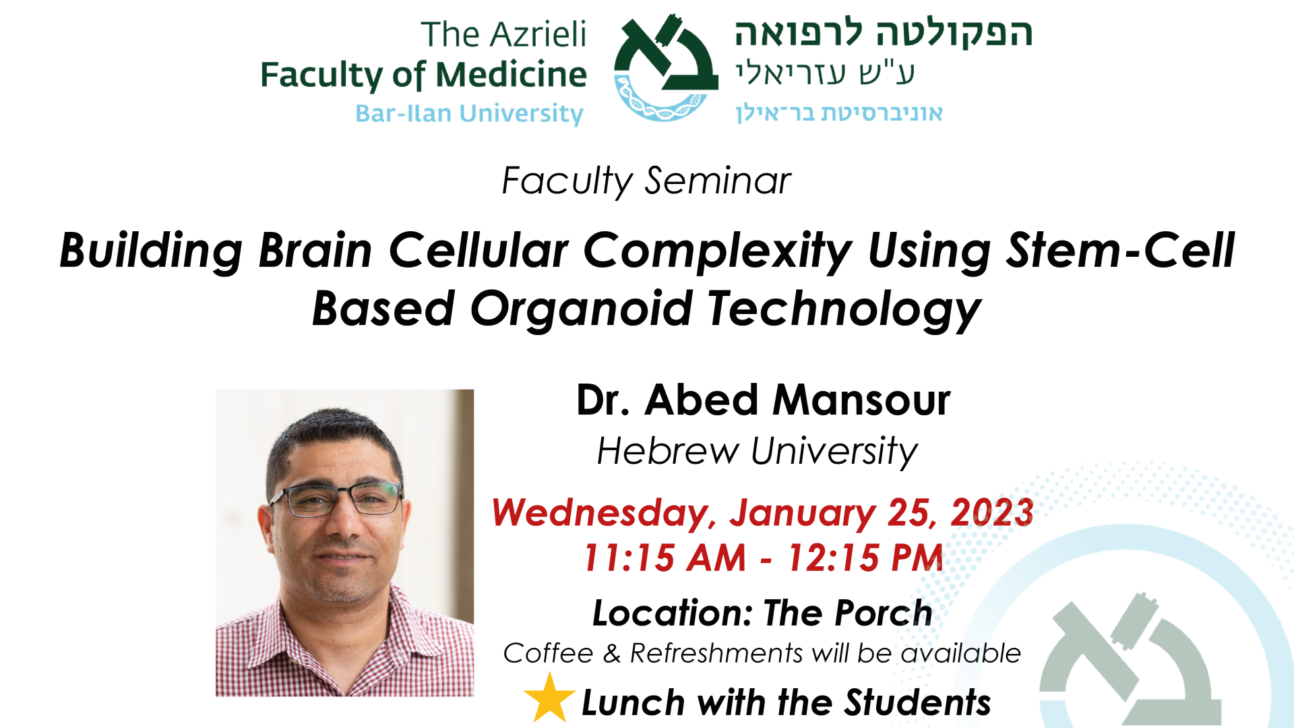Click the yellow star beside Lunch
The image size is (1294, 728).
549,698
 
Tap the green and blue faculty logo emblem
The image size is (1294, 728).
665,67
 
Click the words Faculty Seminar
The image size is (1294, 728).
646,181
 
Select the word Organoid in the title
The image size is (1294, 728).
581,309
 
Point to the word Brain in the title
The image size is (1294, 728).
315,250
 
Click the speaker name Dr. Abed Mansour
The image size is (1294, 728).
763,400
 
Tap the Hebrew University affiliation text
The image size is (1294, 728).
757,451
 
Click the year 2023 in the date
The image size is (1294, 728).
992,512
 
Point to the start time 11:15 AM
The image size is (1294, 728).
665,558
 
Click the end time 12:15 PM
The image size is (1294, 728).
865,558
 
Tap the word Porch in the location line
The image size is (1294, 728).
884,613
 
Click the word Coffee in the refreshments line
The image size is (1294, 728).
548,653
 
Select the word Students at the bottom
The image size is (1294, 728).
918,702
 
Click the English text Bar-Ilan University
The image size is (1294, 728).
470,113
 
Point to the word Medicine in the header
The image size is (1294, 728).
512,74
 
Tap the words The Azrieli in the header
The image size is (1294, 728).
503,34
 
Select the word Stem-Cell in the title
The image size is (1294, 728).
1119,250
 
